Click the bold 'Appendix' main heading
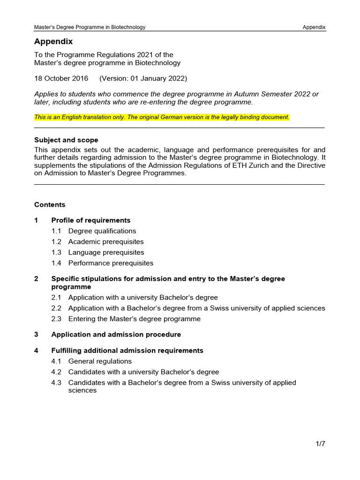[x=53, y=42]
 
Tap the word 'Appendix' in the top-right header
[x=314, y=27]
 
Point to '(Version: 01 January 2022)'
[x=142, y=78]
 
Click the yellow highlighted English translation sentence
[x=162, y=117]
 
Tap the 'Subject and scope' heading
[x=66, y=140]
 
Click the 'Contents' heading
[x=50, y=205]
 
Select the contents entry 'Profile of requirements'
[x=90, y=220]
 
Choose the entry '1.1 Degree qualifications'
[x=102, y=231]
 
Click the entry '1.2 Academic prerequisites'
[x=105, y=242]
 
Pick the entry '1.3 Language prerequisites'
[x=106, y=253]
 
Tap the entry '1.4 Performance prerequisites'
[x=111, y=263]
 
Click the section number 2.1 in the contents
[x=57, y=298]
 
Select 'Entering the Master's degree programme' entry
[x=134, y=319]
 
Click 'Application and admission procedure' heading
[x=116, y=335]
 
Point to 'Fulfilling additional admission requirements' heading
[x=127, y=351]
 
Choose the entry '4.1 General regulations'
[x=100, y=361]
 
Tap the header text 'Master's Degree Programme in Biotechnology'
[x=90, y=27]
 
